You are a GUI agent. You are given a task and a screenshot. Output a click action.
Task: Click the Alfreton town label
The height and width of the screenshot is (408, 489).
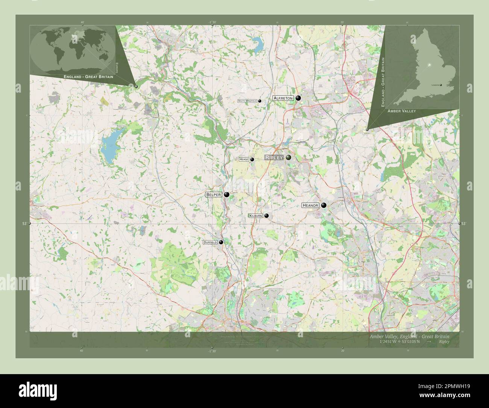tap(283, 98)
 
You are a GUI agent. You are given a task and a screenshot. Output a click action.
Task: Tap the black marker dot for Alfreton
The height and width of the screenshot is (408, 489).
tap(298, 98)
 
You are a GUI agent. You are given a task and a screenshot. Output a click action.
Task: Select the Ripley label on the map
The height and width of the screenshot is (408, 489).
tap(274, 158)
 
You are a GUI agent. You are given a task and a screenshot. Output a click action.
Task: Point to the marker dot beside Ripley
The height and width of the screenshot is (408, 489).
tap(289, 157)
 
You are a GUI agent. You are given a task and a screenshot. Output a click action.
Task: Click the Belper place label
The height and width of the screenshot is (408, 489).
tap(213, 195)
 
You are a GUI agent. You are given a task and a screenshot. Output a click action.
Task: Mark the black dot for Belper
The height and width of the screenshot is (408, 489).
tap(226, 195)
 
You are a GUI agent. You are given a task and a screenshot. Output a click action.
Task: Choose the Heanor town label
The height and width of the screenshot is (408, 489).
tap(310, 206)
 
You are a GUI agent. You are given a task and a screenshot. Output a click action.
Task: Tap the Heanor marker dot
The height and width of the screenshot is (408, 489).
tap(323, 206)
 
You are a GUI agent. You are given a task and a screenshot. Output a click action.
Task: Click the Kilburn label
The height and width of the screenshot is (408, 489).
tap(256, 216)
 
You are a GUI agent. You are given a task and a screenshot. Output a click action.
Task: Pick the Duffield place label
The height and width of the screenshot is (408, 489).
tap(210, 242)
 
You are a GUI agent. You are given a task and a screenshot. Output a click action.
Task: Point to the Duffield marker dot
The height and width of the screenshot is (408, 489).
tap(221, 242)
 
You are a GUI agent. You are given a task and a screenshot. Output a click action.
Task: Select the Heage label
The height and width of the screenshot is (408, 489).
tap(244, 160)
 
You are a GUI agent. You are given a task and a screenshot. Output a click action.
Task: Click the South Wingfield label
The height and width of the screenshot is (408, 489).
tap(247, 101)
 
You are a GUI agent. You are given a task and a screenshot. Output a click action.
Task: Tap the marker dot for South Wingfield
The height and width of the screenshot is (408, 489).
tap(260, 101)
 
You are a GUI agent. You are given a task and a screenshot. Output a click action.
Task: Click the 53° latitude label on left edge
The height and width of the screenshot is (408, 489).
tap(24, 224)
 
